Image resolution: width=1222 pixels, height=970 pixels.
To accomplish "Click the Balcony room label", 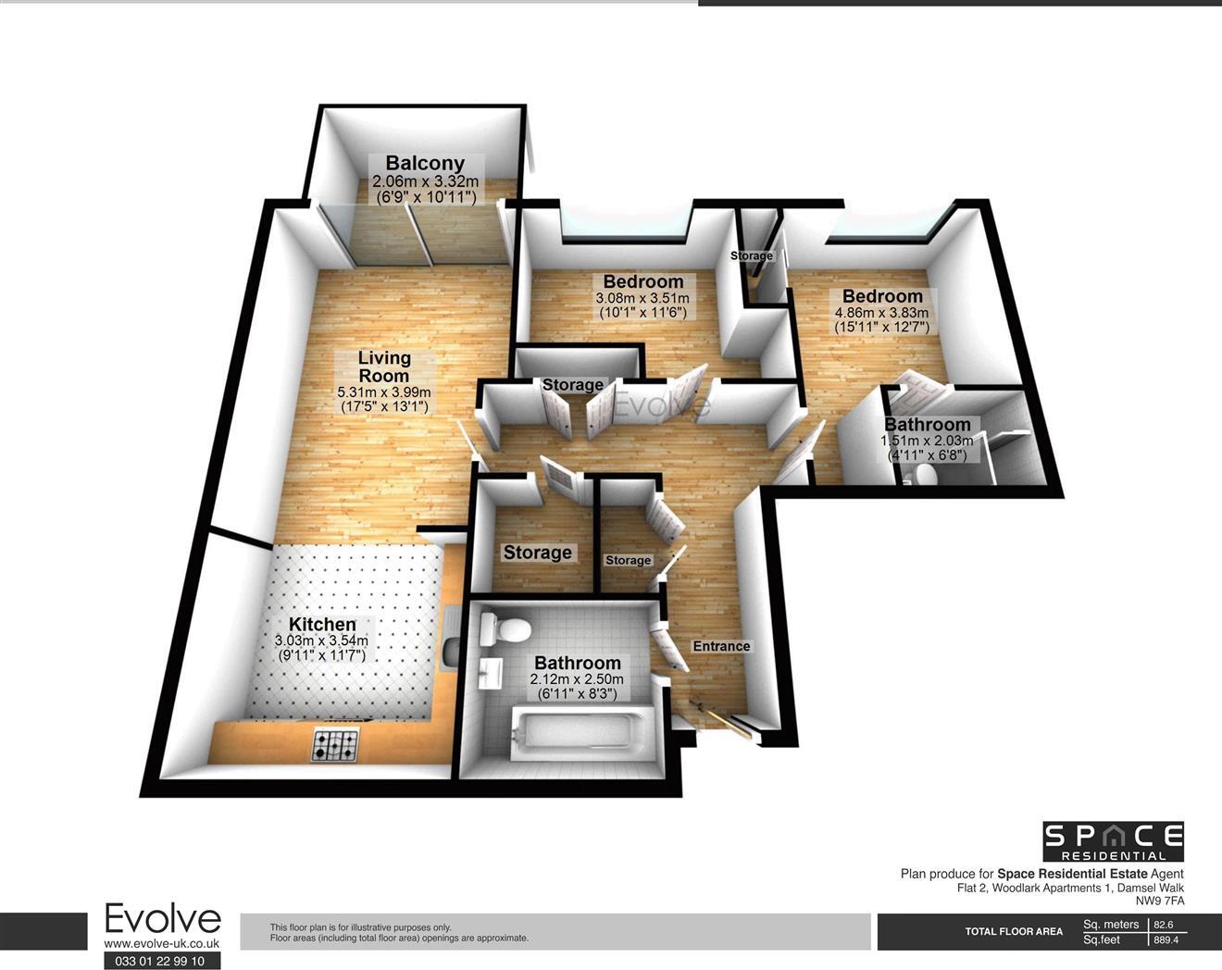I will pos(425,164).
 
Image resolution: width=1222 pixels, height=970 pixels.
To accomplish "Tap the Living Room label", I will pos(384,367).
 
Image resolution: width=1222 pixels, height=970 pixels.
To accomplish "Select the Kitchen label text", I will pos(322,625).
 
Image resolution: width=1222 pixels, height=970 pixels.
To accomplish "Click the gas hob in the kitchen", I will pos(335,745).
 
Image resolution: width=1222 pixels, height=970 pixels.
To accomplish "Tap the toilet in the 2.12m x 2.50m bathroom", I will pos(504,629).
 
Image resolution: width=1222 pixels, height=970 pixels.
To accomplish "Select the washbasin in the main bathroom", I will pos(490,673).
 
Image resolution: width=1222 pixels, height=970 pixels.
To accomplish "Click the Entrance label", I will pos(721,646).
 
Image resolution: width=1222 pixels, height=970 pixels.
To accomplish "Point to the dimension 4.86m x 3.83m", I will pos(882,314).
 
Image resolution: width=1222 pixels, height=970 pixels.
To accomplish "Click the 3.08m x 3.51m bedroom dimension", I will pos(642,299).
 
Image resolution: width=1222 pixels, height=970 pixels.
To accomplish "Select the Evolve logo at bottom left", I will pos(162,919).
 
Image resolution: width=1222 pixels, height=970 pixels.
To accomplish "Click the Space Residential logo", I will pos(1113,841).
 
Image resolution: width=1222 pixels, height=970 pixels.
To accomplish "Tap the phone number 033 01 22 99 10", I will pos(161,961).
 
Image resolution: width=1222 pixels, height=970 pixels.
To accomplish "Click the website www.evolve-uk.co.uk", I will pos(161,943).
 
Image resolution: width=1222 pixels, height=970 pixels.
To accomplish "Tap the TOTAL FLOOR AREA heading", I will pos(1014,931).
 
